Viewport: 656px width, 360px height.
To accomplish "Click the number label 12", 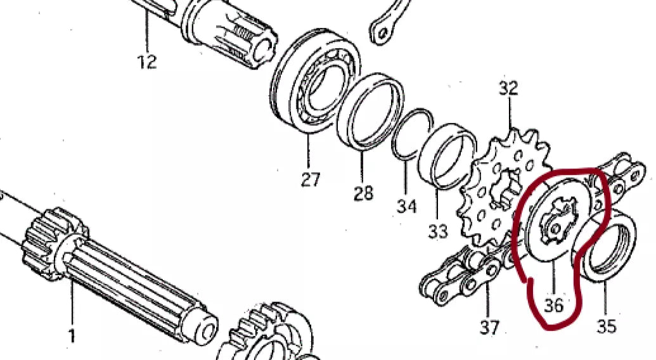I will click(147, 62).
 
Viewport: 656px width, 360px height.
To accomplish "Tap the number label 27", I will click(310, 179).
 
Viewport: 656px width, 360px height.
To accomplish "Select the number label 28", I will click(363, 193).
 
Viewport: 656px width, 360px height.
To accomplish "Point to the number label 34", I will click(407, 205).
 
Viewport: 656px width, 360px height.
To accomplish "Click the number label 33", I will click(438, 231).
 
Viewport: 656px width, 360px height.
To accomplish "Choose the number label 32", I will click(508, 88).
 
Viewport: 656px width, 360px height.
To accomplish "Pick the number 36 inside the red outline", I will click(553, 305).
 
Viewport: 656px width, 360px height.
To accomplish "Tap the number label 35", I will click(606, 326).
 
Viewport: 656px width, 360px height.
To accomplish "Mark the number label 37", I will click(489, 327).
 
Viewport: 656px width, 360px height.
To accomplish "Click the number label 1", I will click(72, 335).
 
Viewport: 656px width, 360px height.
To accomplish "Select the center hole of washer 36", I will click(556, 227).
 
